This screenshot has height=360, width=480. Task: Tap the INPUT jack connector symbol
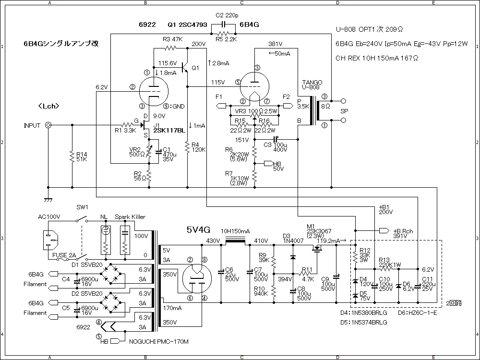(48, 125)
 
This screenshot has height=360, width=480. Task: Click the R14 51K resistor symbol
(72, 156)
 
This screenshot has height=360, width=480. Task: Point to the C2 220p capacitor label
(227, 15)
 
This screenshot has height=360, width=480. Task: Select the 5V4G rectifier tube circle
(197, 278)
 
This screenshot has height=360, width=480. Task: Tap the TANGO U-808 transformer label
(312, 84)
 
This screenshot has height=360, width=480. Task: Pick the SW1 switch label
(83, 207)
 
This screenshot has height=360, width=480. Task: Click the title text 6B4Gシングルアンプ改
(61, 43)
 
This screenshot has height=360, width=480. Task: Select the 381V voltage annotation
(276, 44)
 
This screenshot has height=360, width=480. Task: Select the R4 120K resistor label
(198, 147)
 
